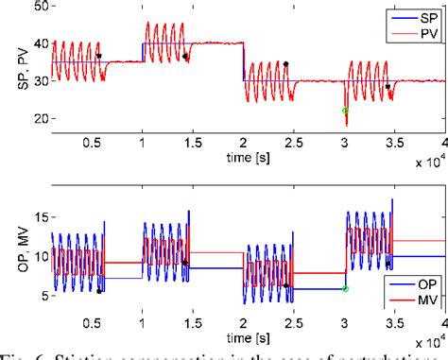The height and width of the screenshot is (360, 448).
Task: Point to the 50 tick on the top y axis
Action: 38,7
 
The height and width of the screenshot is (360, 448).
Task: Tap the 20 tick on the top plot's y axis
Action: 38,118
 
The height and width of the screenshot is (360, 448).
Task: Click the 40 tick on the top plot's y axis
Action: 38,43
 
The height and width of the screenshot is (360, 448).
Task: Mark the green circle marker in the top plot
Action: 345,111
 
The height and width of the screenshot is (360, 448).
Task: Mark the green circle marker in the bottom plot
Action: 345,288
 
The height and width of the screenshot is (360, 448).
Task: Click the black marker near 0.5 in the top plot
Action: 99,56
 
